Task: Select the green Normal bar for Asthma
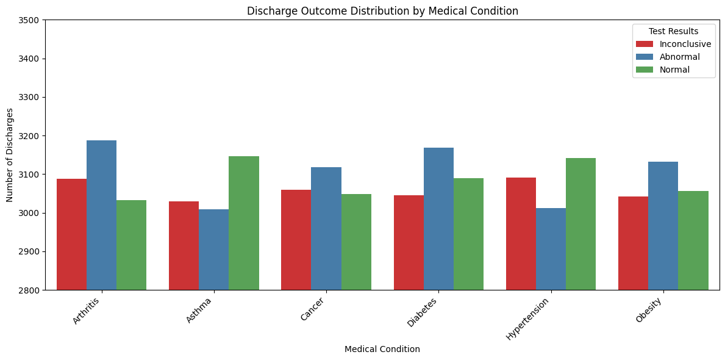244,223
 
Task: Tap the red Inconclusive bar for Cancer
296,240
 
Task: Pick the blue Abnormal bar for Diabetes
438,218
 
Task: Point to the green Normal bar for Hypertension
580,224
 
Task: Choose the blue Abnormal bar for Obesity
663,226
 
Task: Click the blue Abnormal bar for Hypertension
551,249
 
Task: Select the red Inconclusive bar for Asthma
184,245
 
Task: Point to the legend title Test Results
673,31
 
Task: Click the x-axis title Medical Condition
382,350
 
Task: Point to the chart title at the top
382,10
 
